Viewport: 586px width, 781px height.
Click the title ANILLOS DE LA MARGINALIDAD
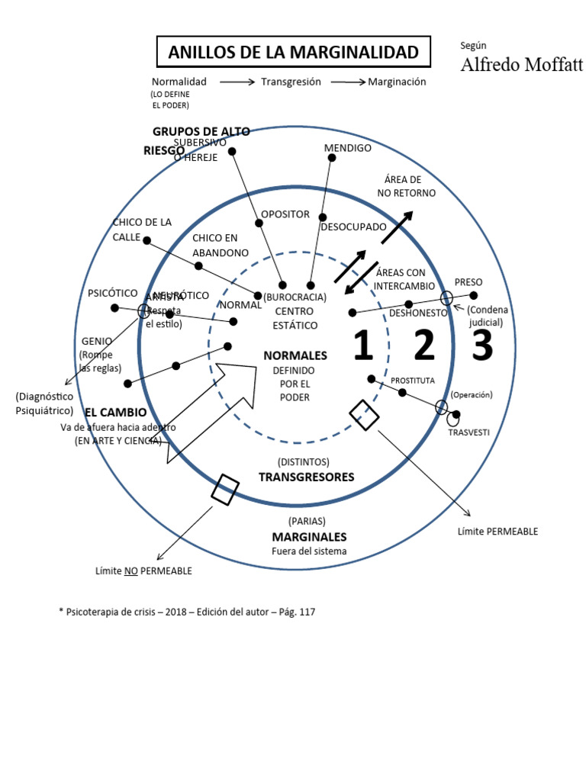pyautogui.click(x=293, y=53)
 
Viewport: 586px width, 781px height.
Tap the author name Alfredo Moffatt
pyautogui.click(x=521, y=65)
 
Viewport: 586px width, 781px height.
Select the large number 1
pyautogui.click(x=362, y=346)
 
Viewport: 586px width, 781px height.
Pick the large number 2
pyautogui.click(x=424, y=346)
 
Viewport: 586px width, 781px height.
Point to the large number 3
pyautogui.click(x=482, y=346)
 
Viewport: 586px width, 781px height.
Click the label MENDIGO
pyautogui.click(x=347, y=148)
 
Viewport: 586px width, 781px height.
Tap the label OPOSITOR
pyautogui.click(x=285, y=214)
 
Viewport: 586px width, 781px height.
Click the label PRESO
pyautogui.click(x=468, y=282)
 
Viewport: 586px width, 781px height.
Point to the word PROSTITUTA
pyautogui.click(x=413, y=380)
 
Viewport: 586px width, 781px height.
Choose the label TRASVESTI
pyautogui.click(x=468, y=432)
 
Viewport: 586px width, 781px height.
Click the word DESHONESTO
pyautogui.click(x=418, y=313)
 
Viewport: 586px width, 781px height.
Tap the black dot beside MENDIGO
pyautogui.click(x=332, y=158)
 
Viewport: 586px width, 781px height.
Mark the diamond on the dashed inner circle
pyautogui.click(x=365, y=414)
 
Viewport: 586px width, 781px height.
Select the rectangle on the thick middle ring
pyautogui.click(x=225, y=489)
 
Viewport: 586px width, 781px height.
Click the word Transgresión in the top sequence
pyautogui.click(x=291, y=82)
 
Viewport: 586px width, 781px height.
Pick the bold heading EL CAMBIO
pyautogui.click(x=116, y=413)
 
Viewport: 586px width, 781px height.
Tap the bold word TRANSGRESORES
pyautogui.click(x=306, y=477)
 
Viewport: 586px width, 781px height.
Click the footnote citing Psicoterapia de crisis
pyautogui.click(x=187, y=612)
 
